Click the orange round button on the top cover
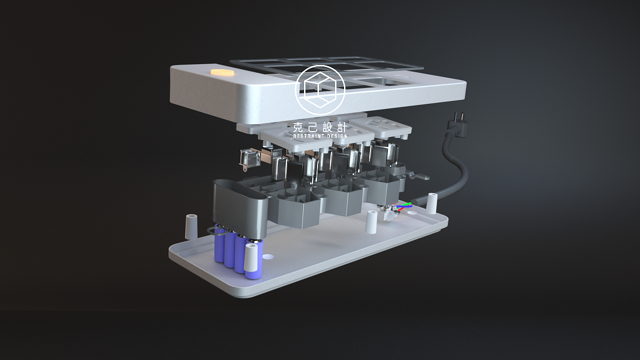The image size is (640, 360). (222, 72)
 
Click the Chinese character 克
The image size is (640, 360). (298, 127)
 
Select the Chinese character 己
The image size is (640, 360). (313, 127)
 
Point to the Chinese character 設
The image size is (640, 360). (327, 127)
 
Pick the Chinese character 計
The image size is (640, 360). (341, 127)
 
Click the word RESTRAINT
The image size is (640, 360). (308, 136)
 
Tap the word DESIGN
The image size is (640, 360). (337, 136)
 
